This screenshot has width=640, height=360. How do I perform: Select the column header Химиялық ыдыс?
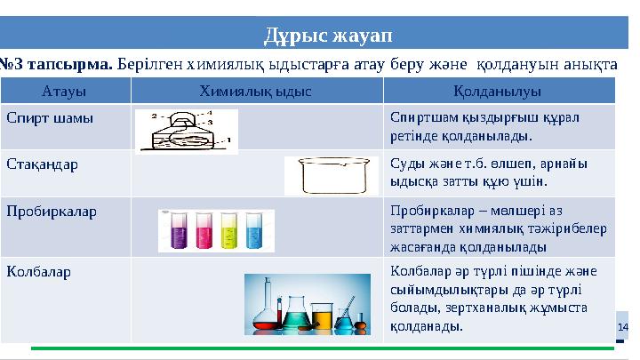pyautogui.click(x=256, y=91)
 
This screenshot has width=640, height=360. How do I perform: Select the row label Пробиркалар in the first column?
pyautogui.click(x=51, y=212)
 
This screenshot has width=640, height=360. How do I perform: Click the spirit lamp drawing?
pyautogui.click(x=187, y=131)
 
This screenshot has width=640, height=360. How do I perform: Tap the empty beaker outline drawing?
pyautogui.click(x=332, y=175)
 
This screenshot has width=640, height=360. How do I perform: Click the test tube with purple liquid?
pyautogui.click(x=177, y=231)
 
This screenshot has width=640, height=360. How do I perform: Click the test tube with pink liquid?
pyautogui.click(x=203, y=231)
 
